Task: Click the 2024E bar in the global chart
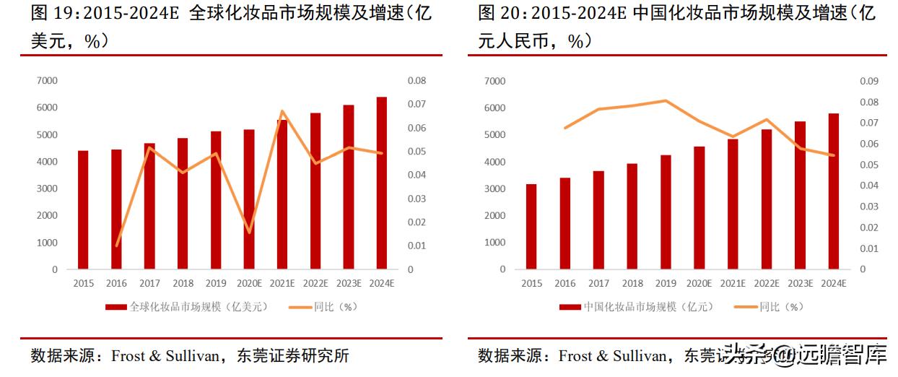pyautogui.click(x=382, y=183)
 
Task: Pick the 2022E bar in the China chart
pyautogui.click(x=766, y=199)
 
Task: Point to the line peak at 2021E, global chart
pyautogui.click(x=282, y=111)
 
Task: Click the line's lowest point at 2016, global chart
pyautogui.click(x=117, y=246)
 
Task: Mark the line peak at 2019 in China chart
pyautogui.click(x=666, y=100)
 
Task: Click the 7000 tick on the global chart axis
pyautogui.click(x=47, y=81)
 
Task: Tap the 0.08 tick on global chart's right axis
pyautogui.click(x=417, y=81)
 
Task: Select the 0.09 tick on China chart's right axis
pyautogui.click(x=868, y=81)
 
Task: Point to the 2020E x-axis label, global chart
pyautogui.click(x=249, y=284)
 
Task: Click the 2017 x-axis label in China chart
pyautogui.click(x=598, y=284)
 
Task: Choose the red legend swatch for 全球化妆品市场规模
pyautogui.click(x=116, y=307)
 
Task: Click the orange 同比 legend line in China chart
pyautogui.click(x=746, y=307)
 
